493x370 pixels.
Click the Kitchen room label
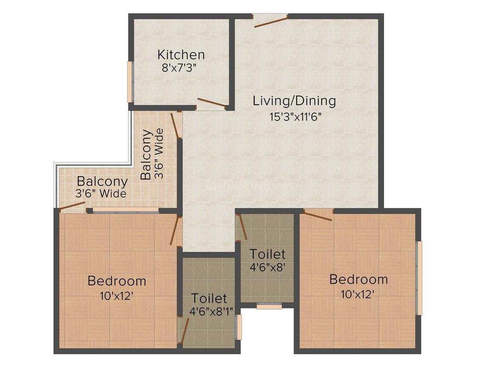tap(181, 55)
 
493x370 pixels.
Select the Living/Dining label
tap(294, 101)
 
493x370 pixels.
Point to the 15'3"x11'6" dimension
tap(295, 116)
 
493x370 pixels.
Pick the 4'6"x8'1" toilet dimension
tap(209, 311)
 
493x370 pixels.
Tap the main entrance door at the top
tap(271, 21)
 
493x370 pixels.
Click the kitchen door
tap(212, 103)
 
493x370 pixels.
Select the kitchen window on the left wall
tap(130, 82)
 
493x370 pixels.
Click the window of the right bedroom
tap(419, 278)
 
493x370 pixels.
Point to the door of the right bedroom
tap(318, 215)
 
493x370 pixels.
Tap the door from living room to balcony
tap(175, 125)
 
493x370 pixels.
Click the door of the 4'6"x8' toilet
tap(241, 227)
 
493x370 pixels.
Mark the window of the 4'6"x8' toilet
tap(269, 306)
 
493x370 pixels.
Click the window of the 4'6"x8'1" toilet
tap(239, 327)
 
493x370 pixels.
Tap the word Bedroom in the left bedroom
tap(117, 281)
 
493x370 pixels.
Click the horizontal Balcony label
tap(102, 182)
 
